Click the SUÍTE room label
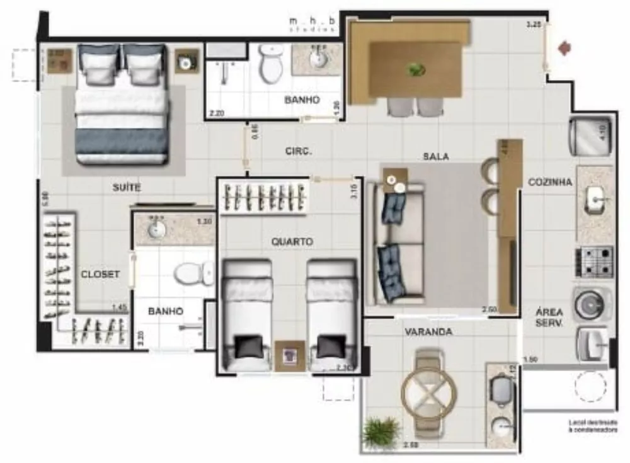[x=127, y=188]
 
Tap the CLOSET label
[x=100, y=274]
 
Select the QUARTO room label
[x=292, y=241]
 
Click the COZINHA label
[x=550, y=182]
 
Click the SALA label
[x=436, y=156]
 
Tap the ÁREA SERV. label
[x=549, y=316]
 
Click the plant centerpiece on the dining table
[x=416, y=69]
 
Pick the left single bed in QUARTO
[x=248, y=315]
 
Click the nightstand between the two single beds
[x=290, y=357]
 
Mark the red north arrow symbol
[x=564, y=48]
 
